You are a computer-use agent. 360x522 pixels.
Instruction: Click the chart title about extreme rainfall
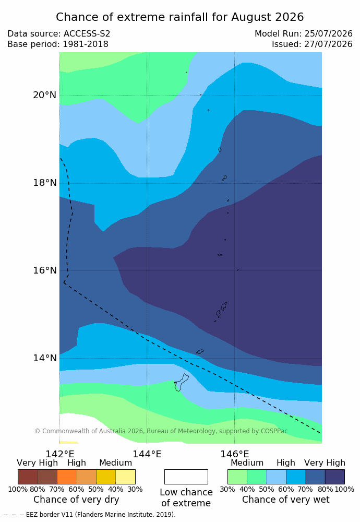[x=179, y=17]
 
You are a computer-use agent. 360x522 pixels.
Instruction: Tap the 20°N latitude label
[x=44, y=95]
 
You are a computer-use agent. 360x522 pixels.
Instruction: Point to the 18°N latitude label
[x=44, y=183]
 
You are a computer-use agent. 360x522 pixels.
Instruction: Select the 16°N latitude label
[x=44, y=270]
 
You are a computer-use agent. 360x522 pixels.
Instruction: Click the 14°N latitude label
[x=44, y=358]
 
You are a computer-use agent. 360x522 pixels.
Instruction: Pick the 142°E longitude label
[x=60, y=454]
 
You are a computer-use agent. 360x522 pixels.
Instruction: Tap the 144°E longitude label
[x=147, y=454]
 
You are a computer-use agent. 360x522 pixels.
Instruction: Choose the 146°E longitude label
[x=235, y=454]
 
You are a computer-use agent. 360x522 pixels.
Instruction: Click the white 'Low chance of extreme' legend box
[x=186, y=477]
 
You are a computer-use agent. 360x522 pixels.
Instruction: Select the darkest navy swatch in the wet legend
[x=335, y=477]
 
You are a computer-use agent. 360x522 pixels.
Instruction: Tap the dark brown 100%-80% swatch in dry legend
[x=28, y=477]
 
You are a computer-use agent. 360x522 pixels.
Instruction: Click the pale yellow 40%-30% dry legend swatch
[x=125, y=477]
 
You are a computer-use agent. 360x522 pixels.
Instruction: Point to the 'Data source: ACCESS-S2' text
[x=58, y=33]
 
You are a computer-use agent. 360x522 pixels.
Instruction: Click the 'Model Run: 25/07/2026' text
[x=304, y=33]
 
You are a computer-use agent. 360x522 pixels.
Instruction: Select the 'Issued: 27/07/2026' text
[x=312, y=44]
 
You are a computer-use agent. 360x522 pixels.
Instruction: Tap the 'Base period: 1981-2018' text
[x=57, y=44]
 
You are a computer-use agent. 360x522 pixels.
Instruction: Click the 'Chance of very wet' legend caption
[x=286, y=500]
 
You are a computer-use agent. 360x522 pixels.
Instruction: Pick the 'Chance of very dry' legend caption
[x=76, y=500]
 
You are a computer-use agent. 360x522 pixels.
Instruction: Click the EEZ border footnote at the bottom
[x=89, y=514]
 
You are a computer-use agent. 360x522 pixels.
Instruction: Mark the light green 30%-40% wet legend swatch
[x=237, y=477]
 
